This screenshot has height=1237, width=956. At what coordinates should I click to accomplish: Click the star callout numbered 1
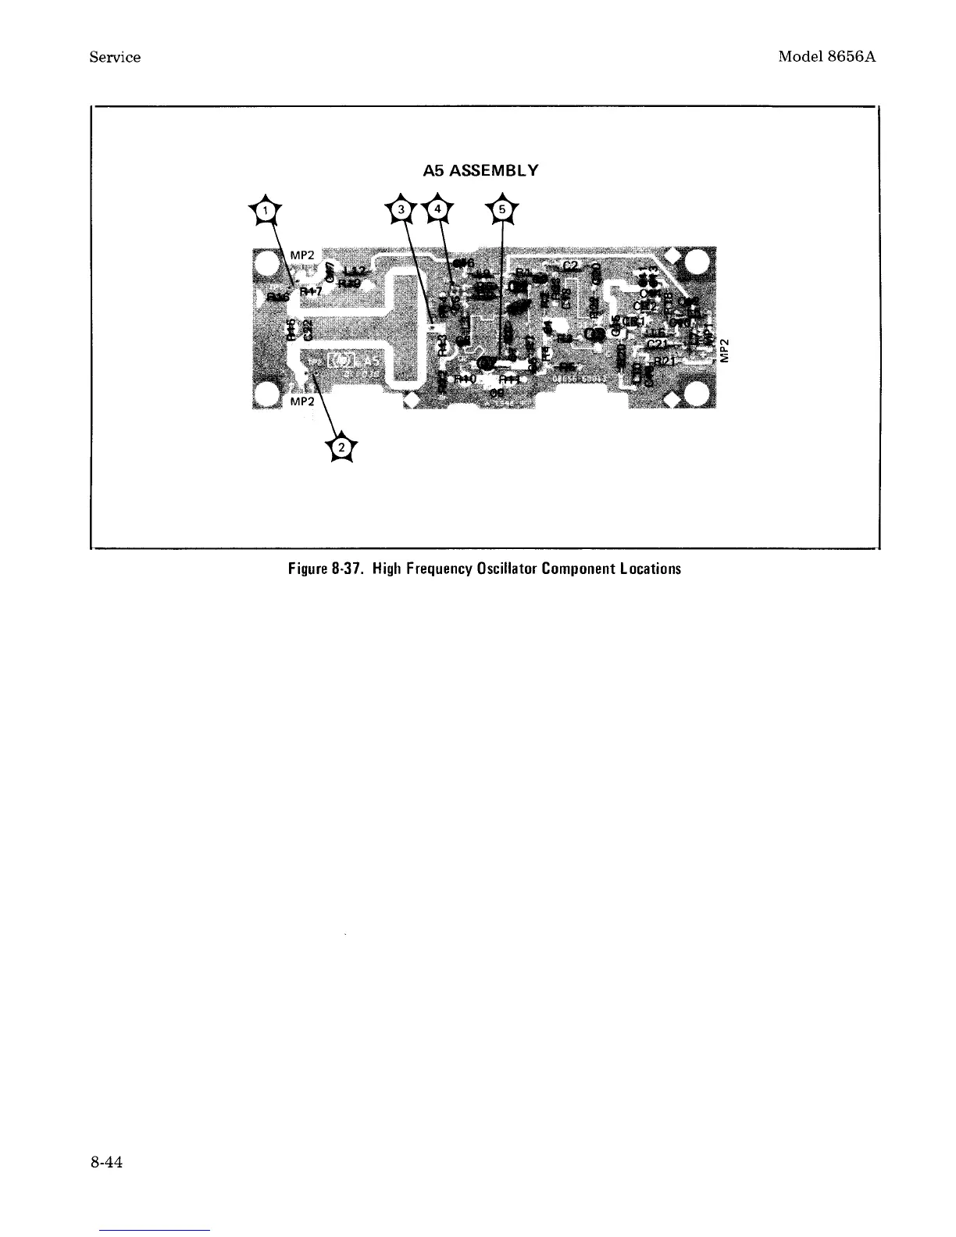[x=267, y=210]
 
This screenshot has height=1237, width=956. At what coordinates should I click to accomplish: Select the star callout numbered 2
[x=341, y=447]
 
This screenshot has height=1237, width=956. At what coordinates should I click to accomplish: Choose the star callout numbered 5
[x=501, y=210]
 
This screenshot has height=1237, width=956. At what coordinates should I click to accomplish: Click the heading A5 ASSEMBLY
[x=480, y=169]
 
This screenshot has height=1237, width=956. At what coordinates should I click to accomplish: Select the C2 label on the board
[x=569, y=267]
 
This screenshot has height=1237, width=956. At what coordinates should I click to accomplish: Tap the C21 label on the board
[x=658, y=344]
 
